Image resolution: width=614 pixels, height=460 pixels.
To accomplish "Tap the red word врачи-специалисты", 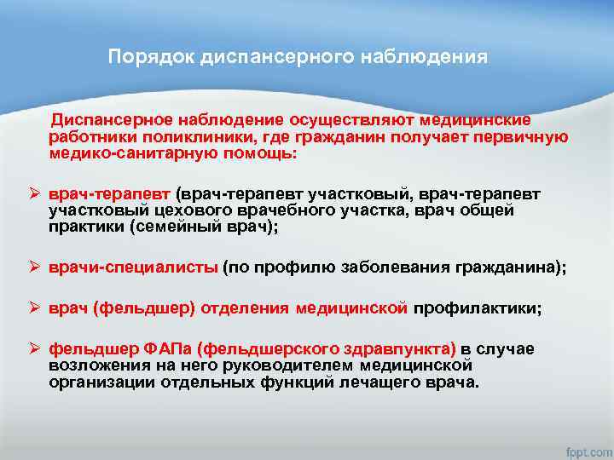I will (133, 267).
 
